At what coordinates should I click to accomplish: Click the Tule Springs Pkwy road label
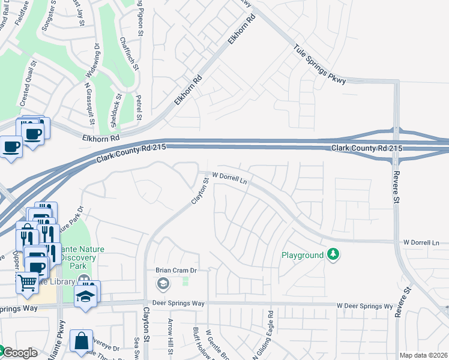(320, 64)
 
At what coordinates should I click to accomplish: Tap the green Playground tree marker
(333, 255)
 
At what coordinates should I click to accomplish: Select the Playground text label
(303, 255)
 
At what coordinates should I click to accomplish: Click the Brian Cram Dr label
(176, 271)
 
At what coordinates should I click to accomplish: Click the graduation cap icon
(86, 296)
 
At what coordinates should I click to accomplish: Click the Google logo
(19, 352)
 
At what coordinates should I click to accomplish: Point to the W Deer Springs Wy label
(364, 305)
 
